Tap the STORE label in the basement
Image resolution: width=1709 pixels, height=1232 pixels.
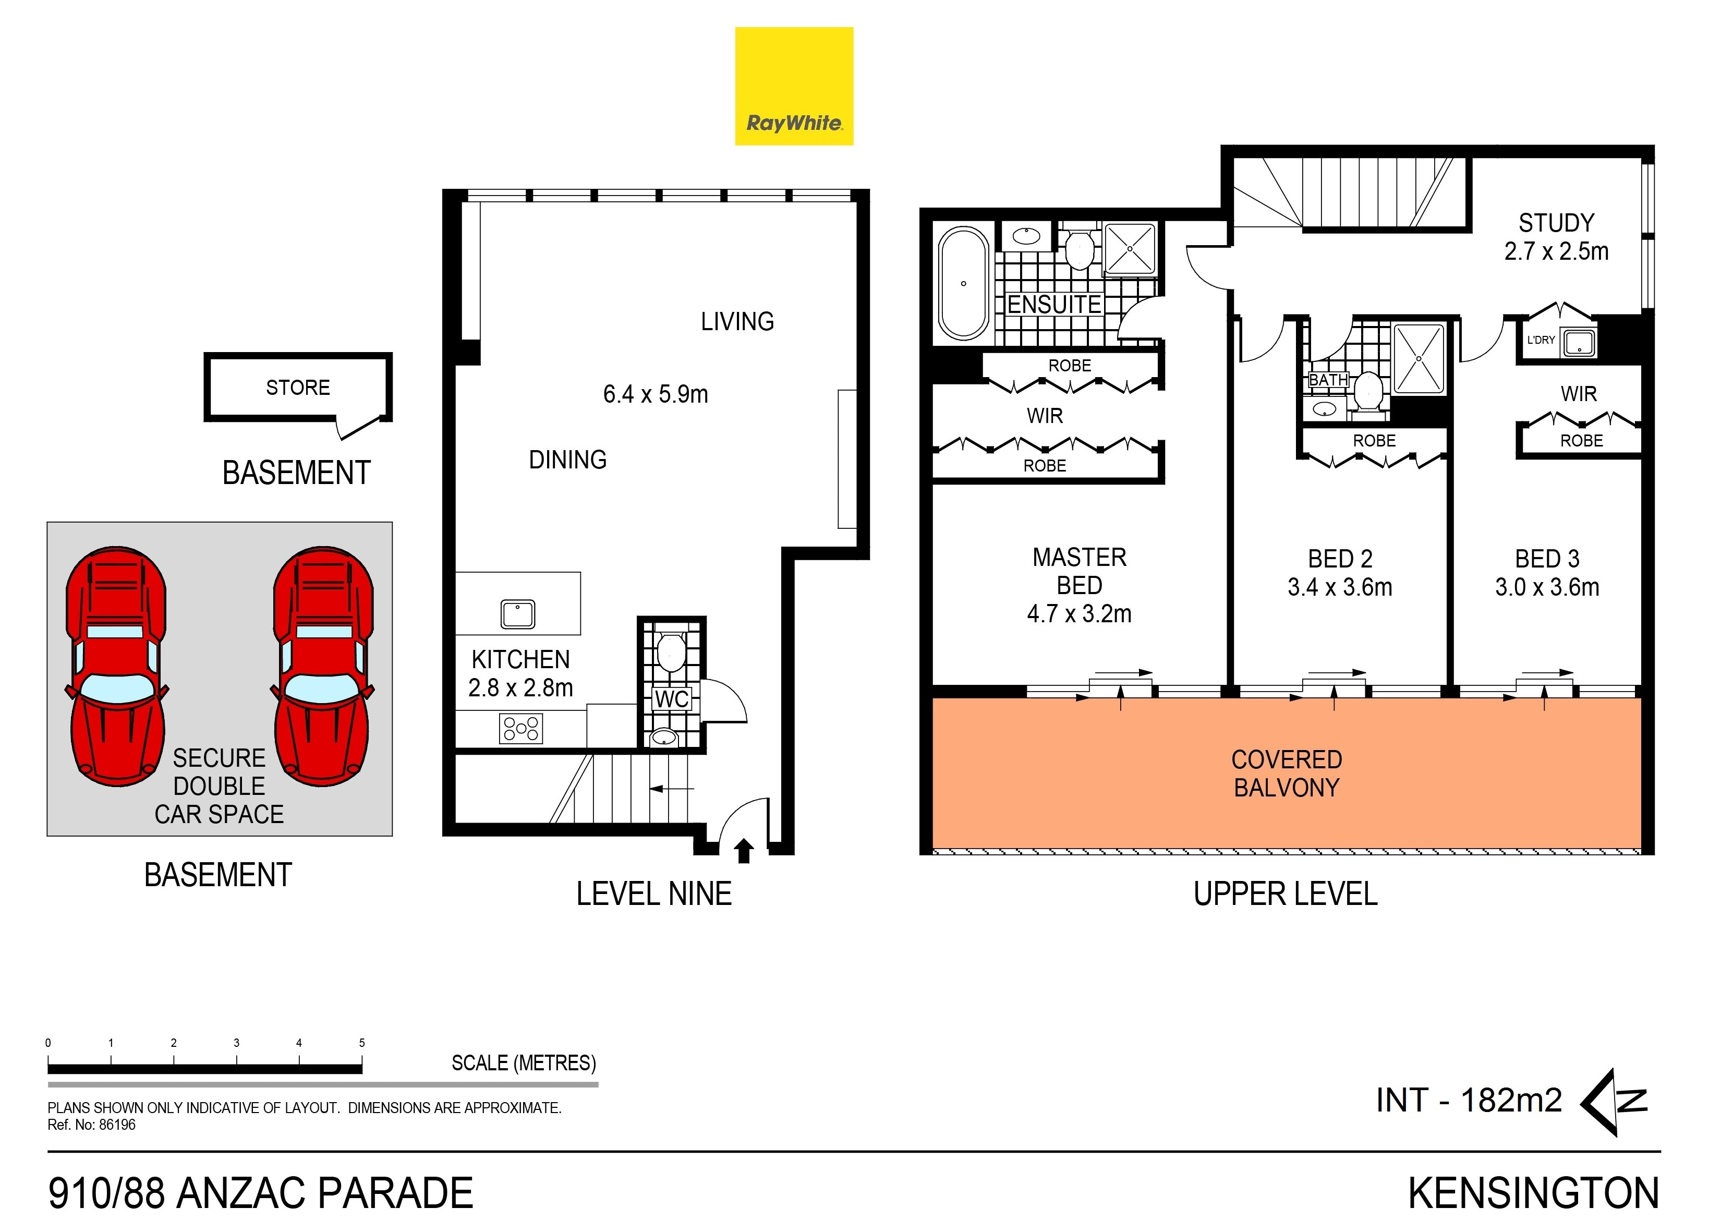pos(298,388)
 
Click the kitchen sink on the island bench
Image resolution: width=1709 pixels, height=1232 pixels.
pos(518,614)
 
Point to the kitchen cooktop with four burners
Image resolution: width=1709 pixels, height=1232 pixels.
pos(520,729)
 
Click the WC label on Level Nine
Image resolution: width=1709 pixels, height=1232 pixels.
pos(671,699)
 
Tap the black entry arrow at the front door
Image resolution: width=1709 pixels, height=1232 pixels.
pos(744,851)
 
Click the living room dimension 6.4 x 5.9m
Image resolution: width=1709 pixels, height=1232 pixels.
pos(655,394)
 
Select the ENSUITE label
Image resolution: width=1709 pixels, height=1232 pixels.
pos(1054,305)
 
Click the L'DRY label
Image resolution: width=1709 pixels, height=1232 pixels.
pos(1541,340)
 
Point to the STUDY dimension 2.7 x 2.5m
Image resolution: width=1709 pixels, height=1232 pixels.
pos(1556,251)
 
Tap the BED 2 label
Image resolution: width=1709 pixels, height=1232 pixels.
pos(1340,559)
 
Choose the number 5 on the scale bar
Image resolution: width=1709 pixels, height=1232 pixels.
pos(362,1043)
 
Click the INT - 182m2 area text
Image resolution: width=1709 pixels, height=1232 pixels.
pos(1468,1100)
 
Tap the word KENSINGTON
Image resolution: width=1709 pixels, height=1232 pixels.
pos(1533,1193)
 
